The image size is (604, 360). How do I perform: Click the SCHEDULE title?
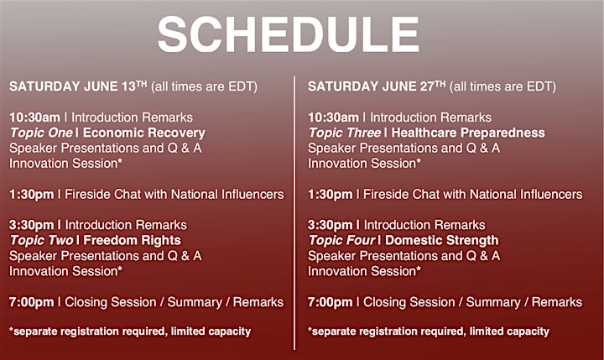click(288, 34)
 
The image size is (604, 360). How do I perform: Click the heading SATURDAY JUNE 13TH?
click(78, 86)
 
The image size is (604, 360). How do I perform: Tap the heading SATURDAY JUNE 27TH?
click(377, 86)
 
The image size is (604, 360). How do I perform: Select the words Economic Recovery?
click(144, 133)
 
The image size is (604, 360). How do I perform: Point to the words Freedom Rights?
click(133, 241)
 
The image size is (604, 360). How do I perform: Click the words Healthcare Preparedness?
click(468, 133)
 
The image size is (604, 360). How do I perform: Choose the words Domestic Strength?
click(442, 241)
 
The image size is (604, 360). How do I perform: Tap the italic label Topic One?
click(41, 133)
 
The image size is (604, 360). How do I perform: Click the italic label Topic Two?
click(42, 241)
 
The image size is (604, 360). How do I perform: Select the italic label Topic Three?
click(345, 133)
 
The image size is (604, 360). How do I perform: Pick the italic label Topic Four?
click(341, 241)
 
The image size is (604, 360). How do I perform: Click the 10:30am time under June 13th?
click(34, 117)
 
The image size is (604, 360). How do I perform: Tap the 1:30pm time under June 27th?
click(331, 195)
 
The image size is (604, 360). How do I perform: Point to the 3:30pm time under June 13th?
click(32, 225)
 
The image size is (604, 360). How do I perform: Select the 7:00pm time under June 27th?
click(331, 302)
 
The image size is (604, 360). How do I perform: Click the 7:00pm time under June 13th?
click(32, 302)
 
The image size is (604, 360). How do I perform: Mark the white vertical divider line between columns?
click(294, 213)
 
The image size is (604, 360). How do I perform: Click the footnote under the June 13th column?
click(130, 331)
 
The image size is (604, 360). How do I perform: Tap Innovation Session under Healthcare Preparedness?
click(364, 164)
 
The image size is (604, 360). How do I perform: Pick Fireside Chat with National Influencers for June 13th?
click(174, 194)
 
